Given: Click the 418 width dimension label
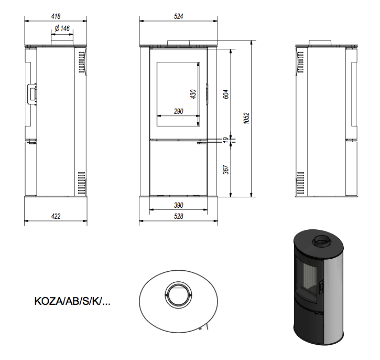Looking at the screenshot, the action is point(56,16).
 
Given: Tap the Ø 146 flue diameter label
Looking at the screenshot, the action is point(62,28).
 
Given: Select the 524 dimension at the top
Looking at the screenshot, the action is point(179,16).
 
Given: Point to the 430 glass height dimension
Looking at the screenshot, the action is point(193,94).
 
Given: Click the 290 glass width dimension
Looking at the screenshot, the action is point(179,111).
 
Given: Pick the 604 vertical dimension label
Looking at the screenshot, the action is point(225,94).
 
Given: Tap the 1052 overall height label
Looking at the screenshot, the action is point(246,119).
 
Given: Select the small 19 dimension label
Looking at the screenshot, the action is point(225,140).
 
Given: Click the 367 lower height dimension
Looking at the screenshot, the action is point(225,170).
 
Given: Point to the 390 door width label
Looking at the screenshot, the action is point(179,205).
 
